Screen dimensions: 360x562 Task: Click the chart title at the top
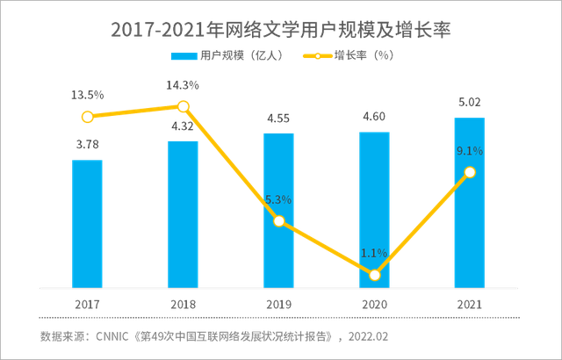tap(280, 31)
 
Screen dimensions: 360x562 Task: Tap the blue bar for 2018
tap(183, 212)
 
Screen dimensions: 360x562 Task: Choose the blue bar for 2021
tap(469, 201)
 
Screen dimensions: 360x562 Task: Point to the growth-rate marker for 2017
tap(87, 117)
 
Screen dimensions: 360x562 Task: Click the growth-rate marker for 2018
tap(183, 106)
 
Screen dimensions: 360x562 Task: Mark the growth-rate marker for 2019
tap(278, 221)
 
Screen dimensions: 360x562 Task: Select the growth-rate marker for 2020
tap(374, 275)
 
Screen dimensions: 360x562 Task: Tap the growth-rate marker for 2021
tap(469, 172)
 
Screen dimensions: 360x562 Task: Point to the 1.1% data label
tap(374, 253)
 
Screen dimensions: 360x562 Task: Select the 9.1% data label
tap(470, 151)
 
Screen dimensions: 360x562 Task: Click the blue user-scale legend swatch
tap(184, 57)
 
